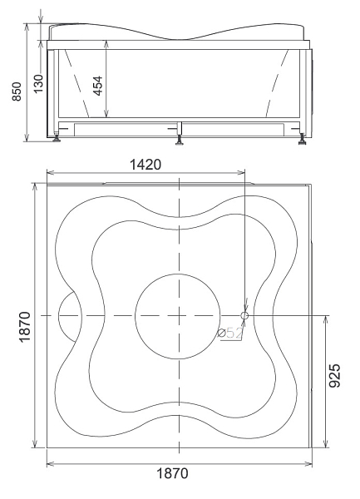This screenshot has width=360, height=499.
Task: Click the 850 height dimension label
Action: point(17,91)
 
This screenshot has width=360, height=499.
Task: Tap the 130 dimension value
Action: point(38,84)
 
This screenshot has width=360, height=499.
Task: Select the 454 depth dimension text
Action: point(98,86)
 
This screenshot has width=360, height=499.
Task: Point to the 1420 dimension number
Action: point(145,165)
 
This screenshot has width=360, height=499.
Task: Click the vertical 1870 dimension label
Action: point(24,327)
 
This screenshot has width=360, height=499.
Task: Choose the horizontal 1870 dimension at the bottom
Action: point(172,473)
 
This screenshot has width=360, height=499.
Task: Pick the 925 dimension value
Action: point(334,376)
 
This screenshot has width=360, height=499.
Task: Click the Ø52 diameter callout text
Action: point(230,333)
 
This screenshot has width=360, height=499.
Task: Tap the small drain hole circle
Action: point(244,315)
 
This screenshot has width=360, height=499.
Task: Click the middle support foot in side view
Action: point(180,140)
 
